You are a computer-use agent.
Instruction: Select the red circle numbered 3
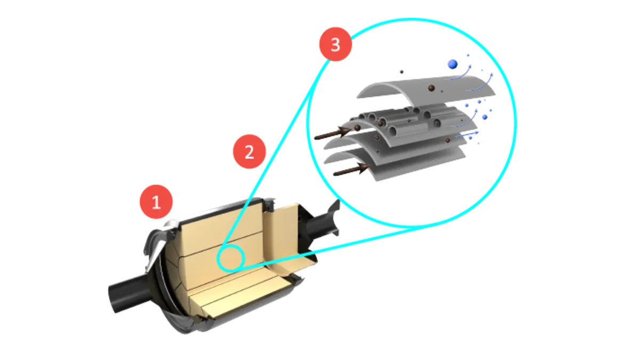pos(335,45)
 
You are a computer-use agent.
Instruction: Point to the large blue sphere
pos(452,65)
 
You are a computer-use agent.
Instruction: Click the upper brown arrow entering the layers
pos(334,131)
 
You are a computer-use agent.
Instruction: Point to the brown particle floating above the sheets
pos(401,71)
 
